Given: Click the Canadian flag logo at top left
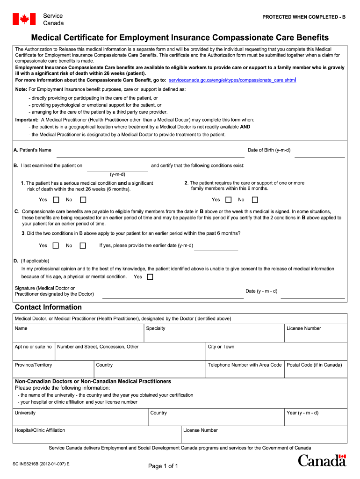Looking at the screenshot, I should tap(23, 19).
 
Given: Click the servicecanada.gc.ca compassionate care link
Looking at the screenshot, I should tap(231, 80).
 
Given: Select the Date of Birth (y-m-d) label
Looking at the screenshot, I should tap(269, 150).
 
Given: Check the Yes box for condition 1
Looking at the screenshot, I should tap(56, 200).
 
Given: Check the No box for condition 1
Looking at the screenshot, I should tap(83, 200).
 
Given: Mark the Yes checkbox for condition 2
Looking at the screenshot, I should tap(229, 200).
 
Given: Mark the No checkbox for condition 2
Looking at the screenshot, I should tap(255, 200).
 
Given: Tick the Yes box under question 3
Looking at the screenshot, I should tap(56, 246).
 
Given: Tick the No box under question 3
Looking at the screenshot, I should tap(83, 246).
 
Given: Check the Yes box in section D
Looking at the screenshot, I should tap(150, 277).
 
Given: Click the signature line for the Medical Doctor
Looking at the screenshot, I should tap(173, 294).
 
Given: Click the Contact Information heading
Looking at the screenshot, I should tap(48, 307).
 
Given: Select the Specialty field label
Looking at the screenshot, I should tap(156, 328).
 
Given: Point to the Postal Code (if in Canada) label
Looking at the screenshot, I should tap(314, 365).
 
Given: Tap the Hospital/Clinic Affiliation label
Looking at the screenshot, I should tap(40, 430).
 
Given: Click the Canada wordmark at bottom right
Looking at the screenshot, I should tap(322, 460).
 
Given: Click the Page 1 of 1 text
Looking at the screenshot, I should tap(163, 466).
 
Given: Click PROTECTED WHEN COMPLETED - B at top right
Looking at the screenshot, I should tap(304, 17).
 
